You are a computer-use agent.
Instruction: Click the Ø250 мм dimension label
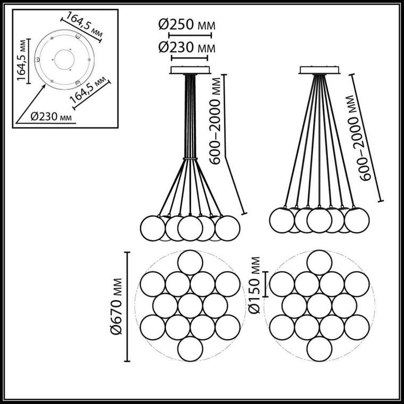pos(187,25)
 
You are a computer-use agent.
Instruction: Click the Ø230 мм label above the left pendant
pos(187,48)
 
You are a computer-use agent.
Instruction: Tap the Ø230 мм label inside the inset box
pos(51,117)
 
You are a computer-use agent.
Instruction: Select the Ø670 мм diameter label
pos(116,306)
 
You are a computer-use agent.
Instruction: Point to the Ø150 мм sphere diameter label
pos(255,285)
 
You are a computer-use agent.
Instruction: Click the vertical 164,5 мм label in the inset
pos(22,60)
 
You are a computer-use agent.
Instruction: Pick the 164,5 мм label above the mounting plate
pos(85,24)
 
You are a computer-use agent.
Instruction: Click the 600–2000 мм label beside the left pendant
pos(215,121)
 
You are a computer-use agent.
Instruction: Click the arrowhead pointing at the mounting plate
pos(44,86)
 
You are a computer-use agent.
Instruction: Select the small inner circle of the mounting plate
pos(64,60)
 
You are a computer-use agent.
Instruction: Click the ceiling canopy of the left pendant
pos(190,70)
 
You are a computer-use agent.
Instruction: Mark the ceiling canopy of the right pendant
pos(319,70)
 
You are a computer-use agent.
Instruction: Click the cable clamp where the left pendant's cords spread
pos(190,158)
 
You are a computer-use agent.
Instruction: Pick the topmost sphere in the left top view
pos(190,263)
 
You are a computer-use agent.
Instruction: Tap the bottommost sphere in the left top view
pos(190,349)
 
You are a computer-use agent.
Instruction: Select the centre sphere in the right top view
pos(319,306)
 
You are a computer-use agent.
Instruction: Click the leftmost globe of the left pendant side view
pos(153,228)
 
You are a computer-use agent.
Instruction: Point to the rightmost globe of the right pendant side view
pos(357,220)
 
